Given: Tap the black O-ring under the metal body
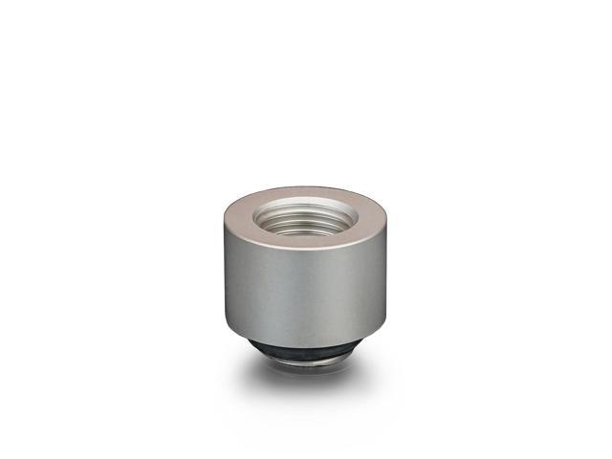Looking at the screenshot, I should [x=306, y=349].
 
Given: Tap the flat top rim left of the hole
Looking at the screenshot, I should [x=238, y=216].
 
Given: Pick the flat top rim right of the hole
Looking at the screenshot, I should [x=373, y=217].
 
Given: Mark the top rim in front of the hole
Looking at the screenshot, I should [x=306, y=243].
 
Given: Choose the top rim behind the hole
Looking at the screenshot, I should [x=306, y=192].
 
